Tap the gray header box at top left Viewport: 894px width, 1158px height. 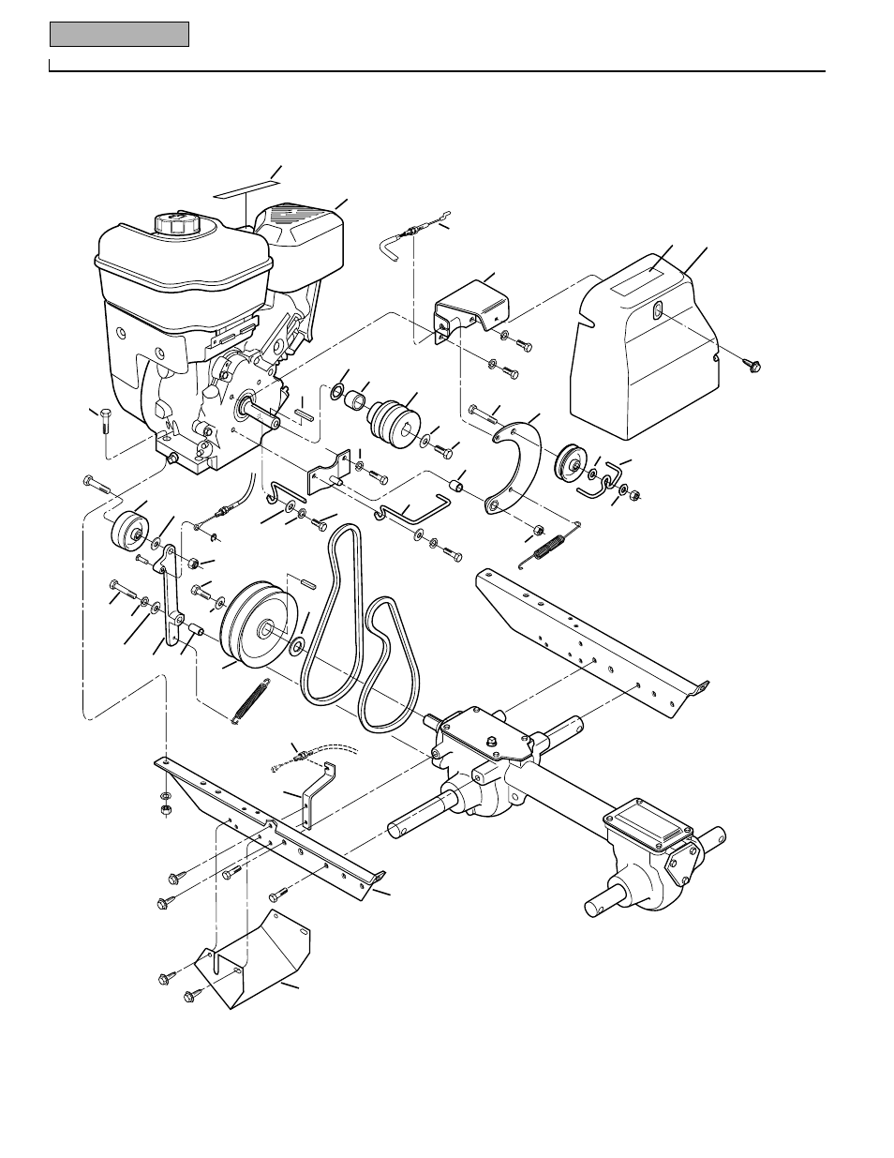pos(119,35)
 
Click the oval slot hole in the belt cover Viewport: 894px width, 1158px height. pos(658,311)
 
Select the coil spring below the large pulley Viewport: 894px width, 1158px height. pos(250,699)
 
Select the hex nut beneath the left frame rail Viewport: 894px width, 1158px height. pos(166,809)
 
